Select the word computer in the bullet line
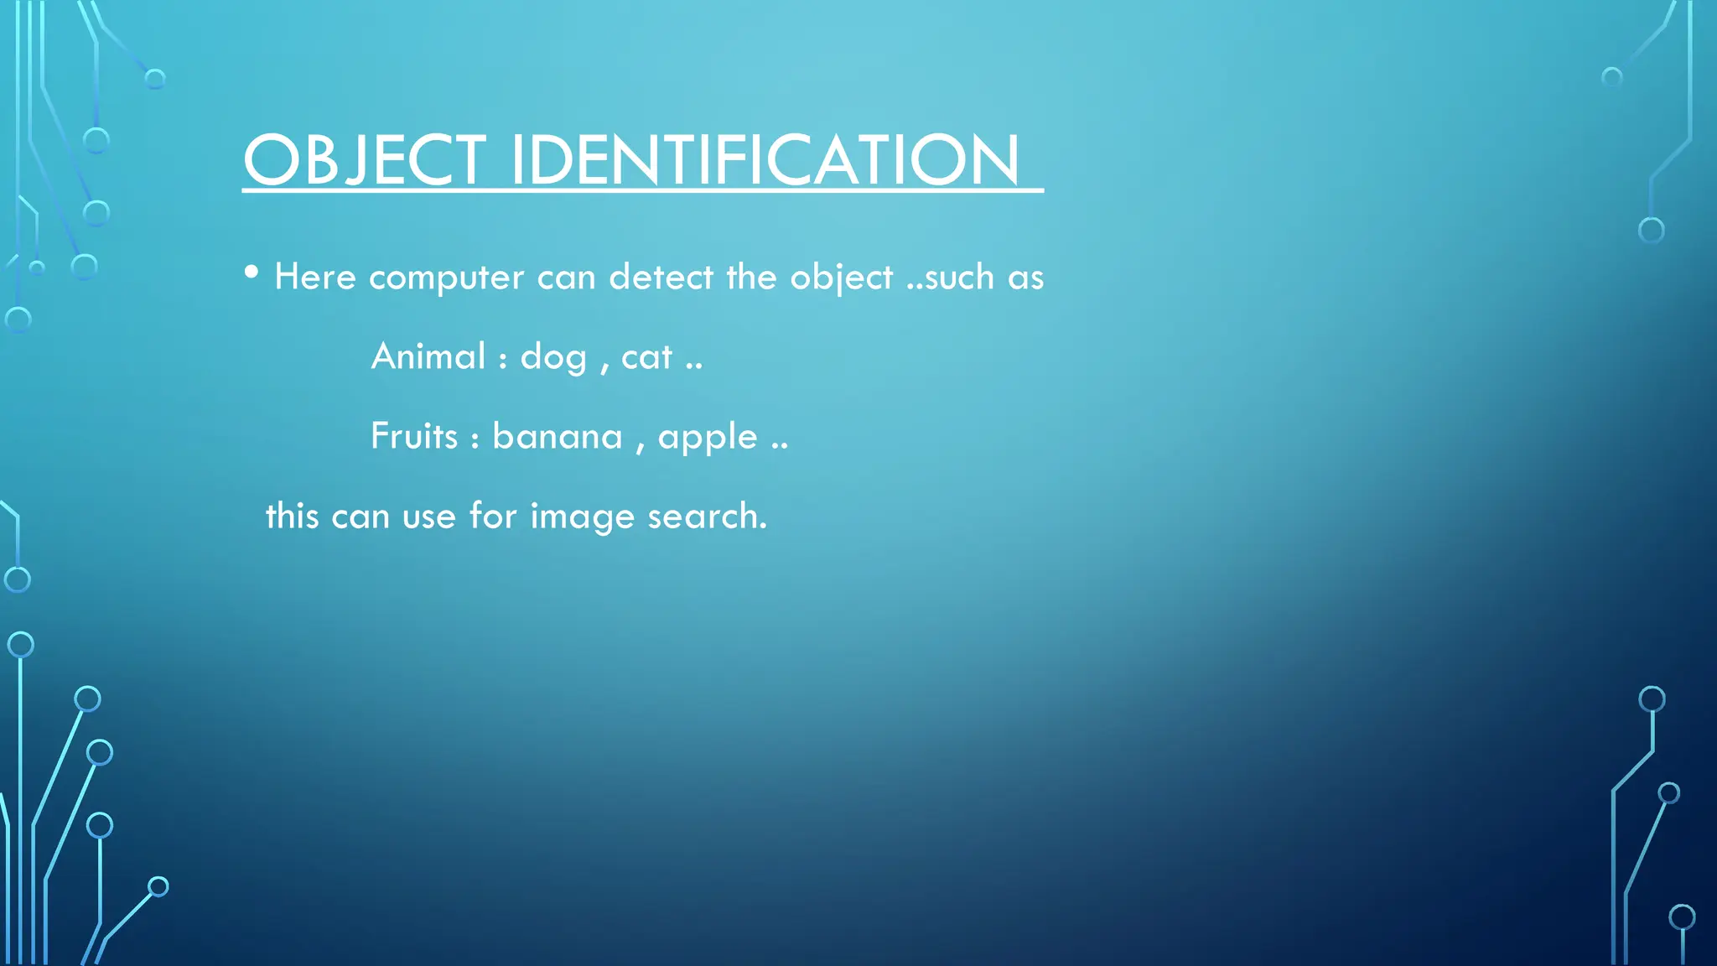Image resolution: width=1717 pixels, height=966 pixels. (x=446, y=278)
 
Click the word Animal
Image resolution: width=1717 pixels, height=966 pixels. (x=428, y=356)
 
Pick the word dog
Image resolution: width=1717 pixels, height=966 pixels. (x=553, y=358)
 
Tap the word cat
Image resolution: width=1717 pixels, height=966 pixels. (x=646, y=357)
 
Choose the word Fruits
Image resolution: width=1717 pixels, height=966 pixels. (x=414, y=436)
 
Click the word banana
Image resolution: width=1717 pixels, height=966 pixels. (x=558, y=436)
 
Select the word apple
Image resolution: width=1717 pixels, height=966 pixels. (x=708, y=439)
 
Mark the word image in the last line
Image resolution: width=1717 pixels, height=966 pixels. (x=582, y=517)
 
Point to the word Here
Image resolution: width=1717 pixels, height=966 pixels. (x=315, y=277)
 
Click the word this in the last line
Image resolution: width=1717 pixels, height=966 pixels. (x=292, y=516)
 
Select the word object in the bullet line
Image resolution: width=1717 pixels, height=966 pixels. (x=841, y=278)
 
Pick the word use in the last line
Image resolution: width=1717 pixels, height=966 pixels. (x=428, y=517)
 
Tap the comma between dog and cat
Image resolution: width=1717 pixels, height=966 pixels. (x=604, y=366)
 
